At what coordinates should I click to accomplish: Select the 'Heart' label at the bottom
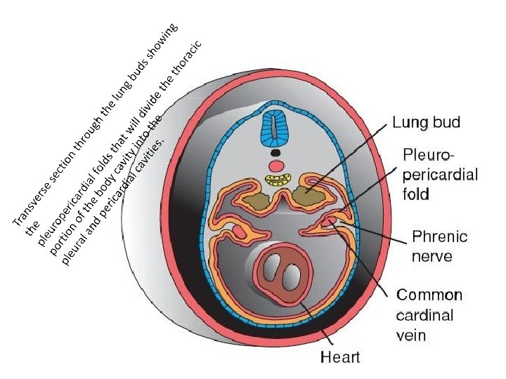pyautogui.click(x=340, y=357)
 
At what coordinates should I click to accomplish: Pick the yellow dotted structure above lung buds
pyautogui.click(x=279, y=180)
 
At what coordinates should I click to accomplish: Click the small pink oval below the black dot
pyautogui.click(x=277, y=166)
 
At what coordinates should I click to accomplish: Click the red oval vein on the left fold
pyautogui.click(x=240, y=231)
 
